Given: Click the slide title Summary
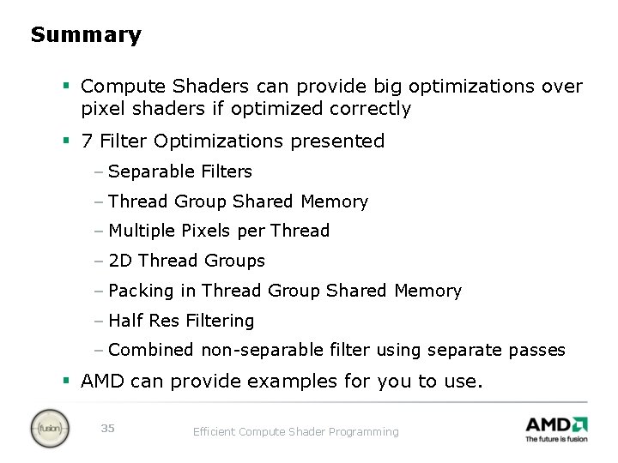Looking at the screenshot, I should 86,35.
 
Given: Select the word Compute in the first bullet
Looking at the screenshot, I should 124,87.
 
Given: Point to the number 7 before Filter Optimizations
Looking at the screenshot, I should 87,141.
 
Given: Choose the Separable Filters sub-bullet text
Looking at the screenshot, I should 180,171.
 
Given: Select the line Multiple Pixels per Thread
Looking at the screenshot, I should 219,231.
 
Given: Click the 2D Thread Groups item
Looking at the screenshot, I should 186,261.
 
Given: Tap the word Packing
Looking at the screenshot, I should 141,291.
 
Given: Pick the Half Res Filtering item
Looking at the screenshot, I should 181,321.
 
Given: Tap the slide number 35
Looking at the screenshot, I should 107,428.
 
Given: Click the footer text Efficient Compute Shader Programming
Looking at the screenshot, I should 295,432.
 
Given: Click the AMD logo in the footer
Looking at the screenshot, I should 555,424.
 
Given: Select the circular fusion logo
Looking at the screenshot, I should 49,429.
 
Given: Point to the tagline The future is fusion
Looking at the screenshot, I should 556,439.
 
